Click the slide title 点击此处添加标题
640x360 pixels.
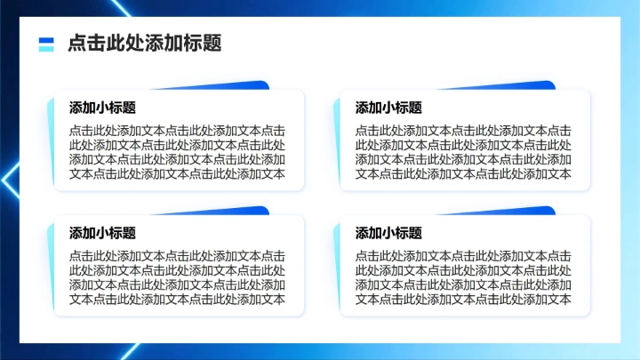click(144, 44)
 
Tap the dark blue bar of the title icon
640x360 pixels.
click(47, 39)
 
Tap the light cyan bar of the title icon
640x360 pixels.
click(47, 48)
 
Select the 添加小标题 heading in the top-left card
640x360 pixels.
click(102, 108)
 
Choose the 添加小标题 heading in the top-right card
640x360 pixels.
click(388, 108)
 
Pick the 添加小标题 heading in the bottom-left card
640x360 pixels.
click(102, 233)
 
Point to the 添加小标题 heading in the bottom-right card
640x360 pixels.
click(388, 233)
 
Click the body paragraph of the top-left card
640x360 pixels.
click(177, 151)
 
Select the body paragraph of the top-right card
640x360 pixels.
click(463, 151)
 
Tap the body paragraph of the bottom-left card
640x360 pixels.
click(177, 276)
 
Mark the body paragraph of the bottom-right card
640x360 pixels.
click(463, 276)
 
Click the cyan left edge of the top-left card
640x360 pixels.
click(51, 142)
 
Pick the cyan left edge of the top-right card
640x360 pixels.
click(337, 142)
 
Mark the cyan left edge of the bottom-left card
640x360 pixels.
click(51, 267)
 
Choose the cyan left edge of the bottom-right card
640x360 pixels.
click(337, 267)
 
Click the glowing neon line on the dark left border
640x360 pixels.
click(11, 182)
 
